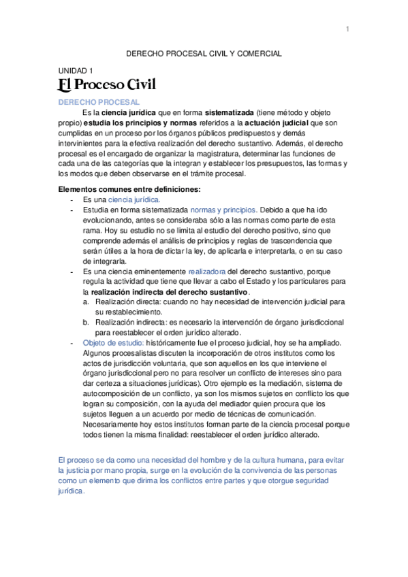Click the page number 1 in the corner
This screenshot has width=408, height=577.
(x=347, y=29)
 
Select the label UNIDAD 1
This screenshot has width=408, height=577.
(x=76, y=70)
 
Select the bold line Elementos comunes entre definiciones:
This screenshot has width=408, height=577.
(x=129, y=189)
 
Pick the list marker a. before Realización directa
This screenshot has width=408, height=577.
(x=86, y=301)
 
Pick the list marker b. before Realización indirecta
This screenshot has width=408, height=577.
(x=86, y=322)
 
